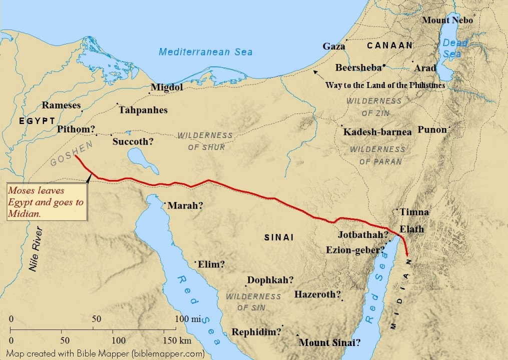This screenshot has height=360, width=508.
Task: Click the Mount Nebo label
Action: coord(447,20)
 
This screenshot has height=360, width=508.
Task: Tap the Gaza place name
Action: coord(334,46)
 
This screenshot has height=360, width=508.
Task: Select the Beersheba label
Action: coord(358,67)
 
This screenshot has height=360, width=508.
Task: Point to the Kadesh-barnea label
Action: coord(377,132)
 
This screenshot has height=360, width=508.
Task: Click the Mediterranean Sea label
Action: coord(206,51)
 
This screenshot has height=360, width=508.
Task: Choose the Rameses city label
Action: coord(61,105)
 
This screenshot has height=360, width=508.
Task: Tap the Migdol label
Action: coord(167,87)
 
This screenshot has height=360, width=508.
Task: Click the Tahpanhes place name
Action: coord(143,110)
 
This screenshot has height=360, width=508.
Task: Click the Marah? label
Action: coord(185,205)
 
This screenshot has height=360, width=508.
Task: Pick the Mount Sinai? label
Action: coord(329,343)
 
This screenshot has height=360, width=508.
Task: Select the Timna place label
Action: coord(414,212)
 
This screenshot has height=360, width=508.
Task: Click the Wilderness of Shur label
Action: coord(205,141)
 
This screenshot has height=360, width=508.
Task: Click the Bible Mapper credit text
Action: coord(105,353)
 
